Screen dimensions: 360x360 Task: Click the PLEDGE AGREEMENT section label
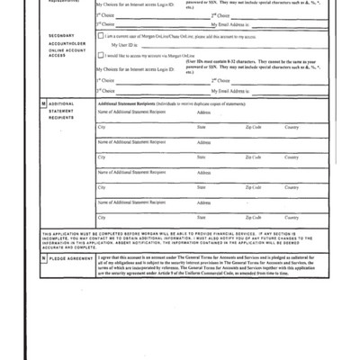click(x=70, y=258)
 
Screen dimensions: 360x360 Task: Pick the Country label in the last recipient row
click(x=292, y=217)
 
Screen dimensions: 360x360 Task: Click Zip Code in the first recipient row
click(x=254, y=128)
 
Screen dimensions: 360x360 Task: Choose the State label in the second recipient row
click(x=202, y=157)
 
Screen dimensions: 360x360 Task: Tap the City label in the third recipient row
click(x=101, y=187)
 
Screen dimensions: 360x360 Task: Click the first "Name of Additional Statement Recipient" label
click(x=131, y=112)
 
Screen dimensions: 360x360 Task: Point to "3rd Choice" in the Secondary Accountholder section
click(x=107, y=91)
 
